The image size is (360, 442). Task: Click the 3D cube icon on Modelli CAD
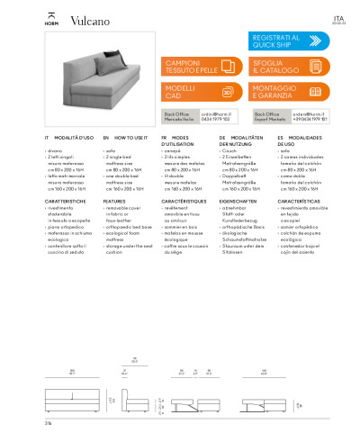pyautogui.click(x=228, y=92)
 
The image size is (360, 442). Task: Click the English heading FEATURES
pyautogui.click(x=114, y=202)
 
